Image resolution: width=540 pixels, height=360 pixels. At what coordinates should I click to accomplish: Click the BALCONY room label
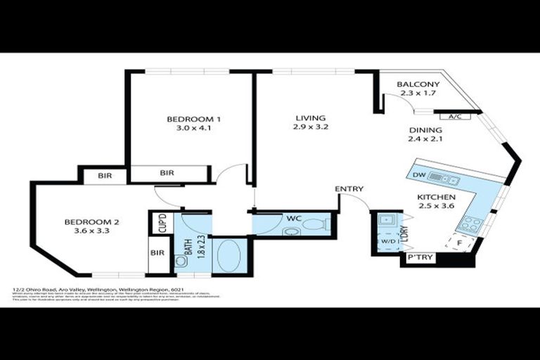[x=418, y=84]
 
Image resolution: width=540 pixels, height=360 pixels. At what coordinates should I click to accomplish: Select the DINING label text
[x=425, y=130]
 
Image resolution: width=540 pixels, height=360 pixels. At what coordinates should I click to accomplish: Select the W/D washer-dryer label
[x=387, y=243]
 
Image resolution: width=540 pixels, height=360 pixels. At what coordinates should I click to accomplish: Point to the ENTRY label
[x=349, y=188]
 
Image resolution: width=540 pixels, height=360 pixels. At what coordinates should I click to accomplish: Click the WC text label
[x=293, y=219]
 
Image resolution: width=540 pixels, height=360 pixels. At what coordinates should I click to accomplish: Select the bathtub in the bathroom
[x=229, y=255]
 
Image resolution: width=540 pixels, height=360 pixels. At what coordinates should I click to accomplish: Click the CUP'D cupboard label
[x=162, y=224]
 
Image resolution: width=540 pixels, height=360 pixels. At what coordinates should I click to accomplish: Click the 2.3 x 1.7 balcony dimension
[x=418, y=93]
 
